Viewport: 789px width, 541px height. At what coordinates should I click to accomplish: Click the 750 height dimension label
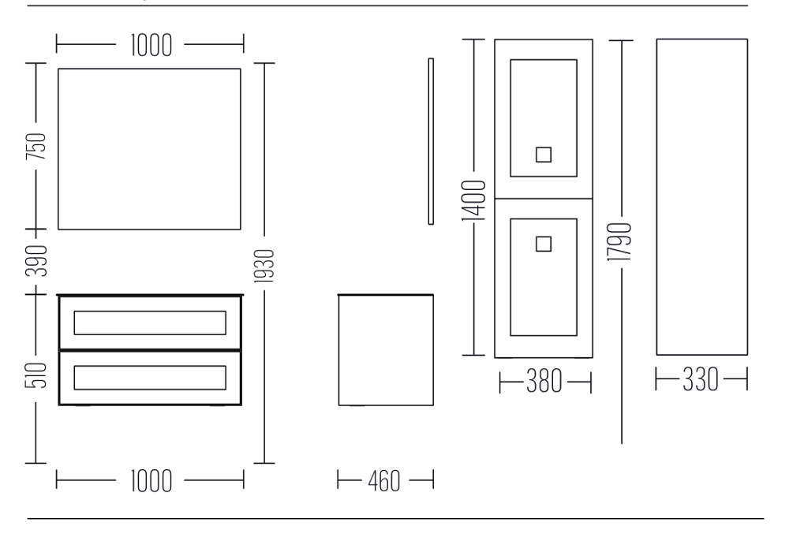pos(36,147)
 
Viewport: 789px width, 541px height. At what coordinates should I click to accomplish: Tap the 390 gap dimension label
pos(36,261)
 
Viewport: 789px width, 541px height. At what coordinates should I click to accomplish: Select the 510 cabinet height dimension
pos(36,375)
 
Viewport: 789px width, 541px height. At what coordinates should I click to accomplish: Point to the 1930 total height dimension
pos(264,266)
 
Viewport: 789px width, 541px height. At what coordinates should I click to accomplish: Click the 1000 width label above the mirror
pos(151,45)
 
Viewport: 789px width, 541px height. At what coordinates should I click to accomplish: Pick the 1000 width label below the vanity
pos(151,481)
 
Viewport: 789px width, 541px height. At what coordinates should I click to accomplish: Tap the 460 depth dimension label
pos(384,481)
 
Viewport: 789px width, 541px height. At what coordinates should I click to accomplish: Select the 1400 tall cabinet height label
pos(474,200)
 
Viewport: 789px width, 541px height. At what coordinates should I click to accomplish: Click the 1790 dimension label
pos(619,242)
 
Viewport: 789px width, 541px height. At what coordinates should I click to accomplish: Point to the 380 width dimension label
pos(544,382)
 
